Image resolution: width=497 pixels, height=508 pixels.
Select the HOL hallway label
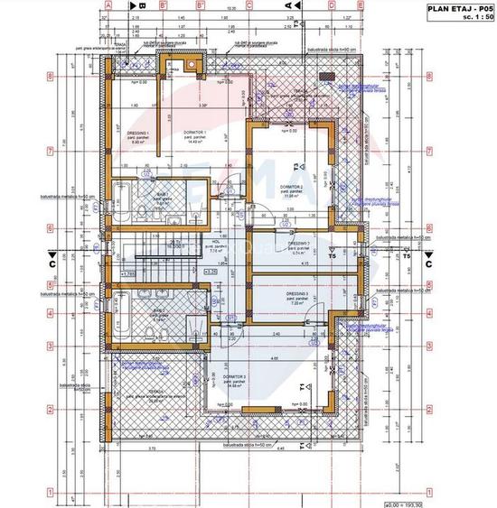click(x=218, y=243)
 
